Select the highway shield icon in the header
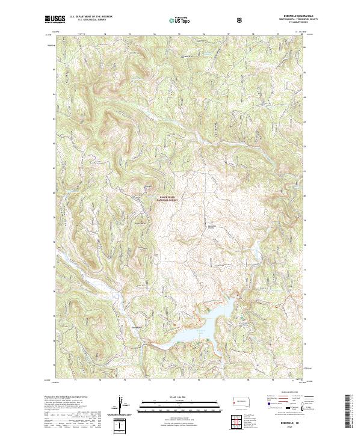(x=241, y=19)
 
